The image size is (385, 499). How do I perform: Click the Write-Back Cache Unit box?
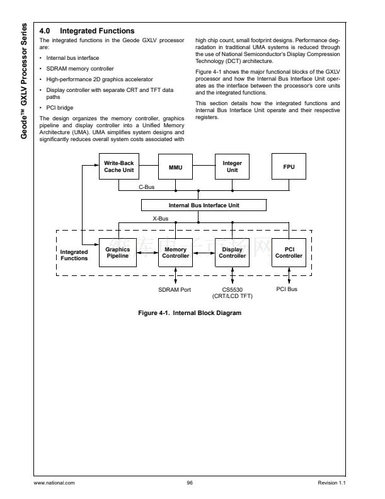pos(118,167)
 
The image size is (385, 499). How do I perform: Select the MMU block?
pos(175,167)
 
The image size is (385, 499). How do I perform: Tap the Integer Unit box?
pos(233,167)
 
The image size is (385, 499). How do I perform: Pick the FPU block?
pos(289,167)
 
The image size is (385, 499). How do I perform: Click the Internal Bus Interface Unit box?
pos(204,205)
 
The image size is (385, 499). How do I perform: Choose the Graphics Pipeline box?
pos(118,253)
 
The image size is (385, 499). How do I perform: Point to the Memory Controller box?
pos(175,253)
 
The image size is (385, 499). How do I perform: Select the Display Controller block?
pos(233,253)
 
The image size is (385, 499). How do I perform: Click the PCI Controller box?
pos(289,253)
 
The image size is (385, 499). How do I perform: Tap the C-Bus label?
pos(147,187)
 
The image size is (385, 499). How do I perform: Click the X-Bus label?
pos(159,218)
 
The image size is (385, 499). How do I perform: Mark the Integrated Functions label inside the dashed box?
pos(74,255)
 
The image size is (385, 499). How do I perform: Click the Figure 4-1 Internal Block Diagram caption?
pos(190,313)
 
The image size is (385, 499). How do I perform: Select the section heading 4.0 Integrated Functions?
pos(87,31)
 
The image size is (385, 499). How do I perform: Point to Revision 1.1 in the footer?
pos(333,483)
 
